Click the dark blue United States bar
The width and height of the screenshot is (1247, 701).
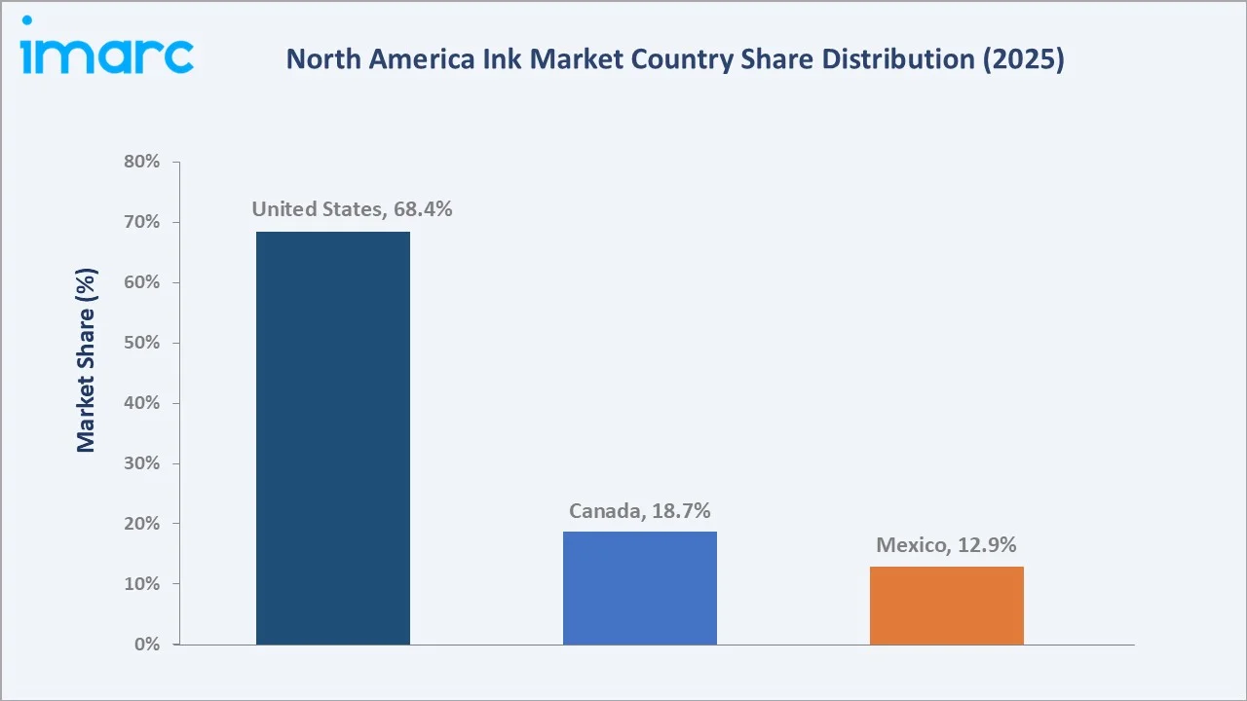tap(333, 438)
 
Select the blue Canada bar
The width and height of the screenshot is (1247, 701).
tap(640, 588)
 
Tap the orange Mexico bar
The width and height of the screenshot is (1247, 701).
tap(946, 606)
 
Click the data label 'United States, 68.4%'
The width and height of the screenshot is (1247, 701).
tap(352, 209)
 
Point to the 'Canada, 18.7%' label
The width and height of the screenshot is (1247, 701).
tap(639, 511)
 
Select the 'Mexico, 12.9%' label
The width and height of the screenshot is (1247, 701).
tap(946, 545)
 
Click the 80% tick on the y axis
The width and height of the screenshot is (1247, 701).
tap(142, 162)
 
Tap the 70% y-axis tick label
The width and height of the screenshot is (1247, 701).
tap(142, 222)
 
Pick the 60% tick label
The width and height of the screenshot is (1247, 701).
tap(142, 282)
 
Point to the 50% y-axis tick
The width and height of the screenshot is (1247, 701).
tap(142, 343)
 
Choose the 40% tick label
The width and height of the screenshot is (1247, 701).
tap(142, 403)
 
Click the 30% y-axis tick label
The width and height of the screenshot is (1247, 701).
tap(142, 463)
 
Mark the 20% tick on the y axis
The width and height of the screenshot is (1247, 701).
tap(142, 524)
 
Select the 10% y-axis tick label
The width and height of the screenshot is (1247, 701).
tap(142, 584)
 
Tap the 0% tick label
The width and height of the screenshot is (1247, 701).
tap(147, 645)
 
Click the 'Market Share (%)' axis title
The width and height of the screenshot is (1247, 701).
tap(86, 361)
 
